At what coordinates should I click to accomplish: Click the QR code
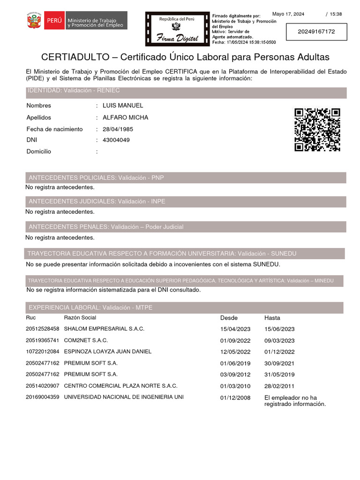[x=317, y=129]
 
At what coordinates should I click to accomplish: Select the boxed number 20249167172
[x=316, y=32]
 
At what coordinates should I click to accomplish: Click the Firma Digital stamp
[x=177, y=29]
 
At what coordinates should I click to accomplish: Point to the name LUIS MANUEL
[x=123, y=105]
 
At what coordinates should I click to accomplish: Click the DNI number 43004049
[x=116, y=140]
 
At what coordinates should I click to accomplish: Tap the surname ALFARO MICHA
[x=125, y=117]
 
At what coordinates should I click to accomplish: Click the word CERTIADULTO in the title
[x=74, y=57]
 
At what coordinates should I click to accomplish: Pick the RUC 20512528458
[x=43, y=329]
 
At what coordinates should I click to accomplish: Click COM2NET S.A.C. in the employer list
[x=86, y=340]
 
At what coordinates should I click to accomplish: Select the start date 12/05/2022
[x=235, y=352]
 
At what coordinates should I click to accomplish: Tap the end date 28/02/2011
[x=279, y=386]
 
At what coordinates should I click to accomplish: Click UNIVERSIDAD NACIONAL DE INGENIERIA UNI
[x=124, y=397]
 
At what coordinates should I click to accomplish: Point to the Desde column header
[x=229, y=318]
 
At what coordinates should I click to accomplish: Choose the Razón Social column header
[x=80, y=318]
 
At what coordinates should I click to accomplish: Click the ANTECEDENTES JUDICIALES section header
[x=97, y=202]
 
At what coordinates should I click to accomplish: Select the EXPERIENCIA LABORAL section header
[x=90, y=307]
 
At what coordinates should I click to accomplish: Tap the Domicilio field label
[x=39, y=151]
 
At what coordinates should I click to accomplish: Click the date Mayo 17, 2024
[x=288, y=14]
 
